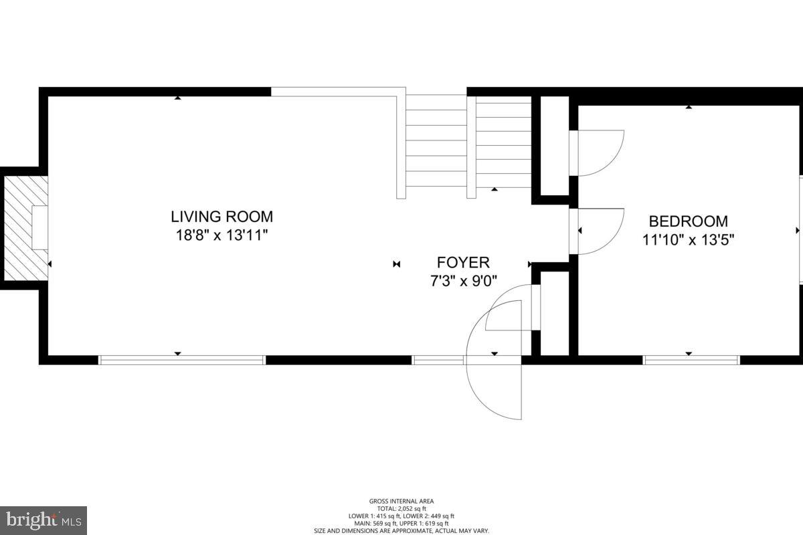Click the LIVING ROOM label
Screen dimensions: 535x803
click(x=221, y=217)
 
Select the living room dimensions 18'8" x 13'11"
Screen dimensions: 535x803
click(x=221, y=235)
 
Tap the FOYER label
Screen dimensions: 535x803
click(x=463, y=263)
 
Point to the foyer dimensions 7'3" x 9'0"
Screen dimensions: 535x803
click(x=463, y=281)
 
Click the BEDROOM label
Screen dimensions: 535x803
click(x=689, y=221)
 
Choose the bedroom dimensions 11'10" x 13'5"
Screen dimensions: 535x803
click(x=689, y=240)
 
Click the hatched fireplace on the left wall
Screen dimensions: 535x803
click(x=25, y=227)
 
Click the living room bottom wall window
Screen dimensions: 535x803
click(x=182, y=360)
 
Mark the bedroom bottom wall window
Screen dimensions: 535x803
click(x=691, y=360)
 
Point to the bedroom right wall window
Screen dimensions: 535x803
click(x=800, y=229)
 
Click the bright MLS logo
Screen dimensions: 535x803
click(x=43, y=520)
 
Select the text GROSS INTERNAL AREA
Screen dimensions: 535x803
click(x=401, y=501)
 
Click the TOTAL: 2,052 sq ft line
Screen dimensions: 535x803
click(x=401, y=508)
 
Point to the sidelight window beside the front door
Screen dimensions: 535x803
click(x=438, y=360)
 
